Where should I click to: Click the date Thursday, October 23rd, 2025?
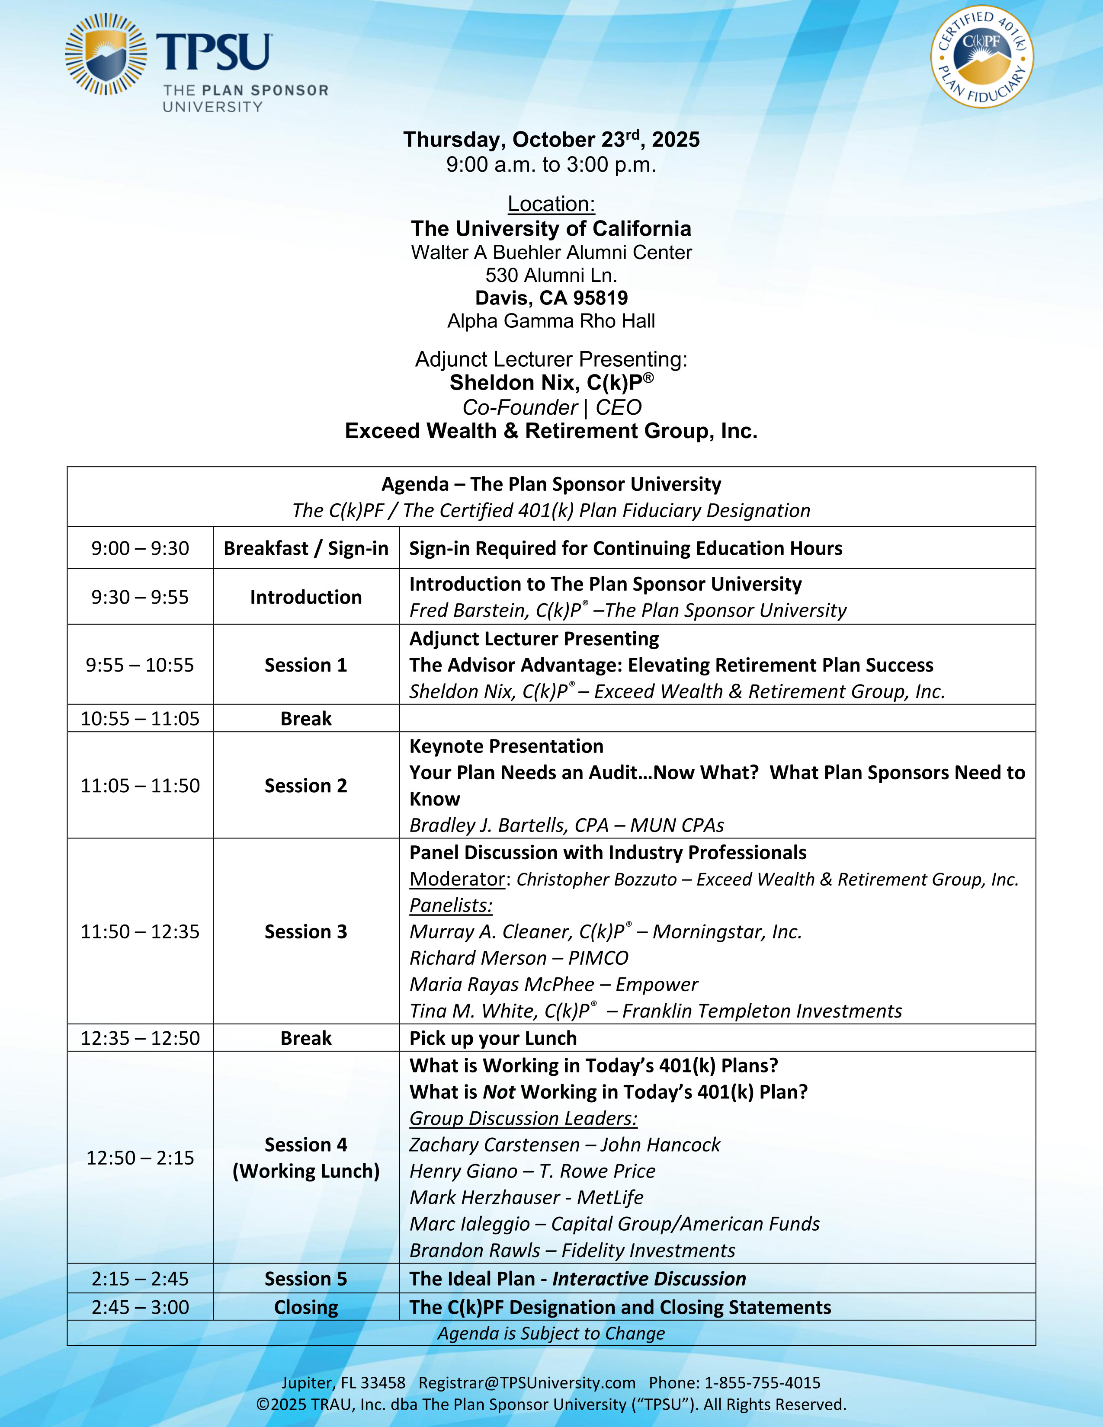551,140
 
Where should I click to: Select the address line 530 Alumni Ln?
551,275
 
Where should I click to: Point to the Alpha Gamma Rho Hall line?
551,321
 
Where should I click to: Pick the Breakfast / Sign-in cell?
306,548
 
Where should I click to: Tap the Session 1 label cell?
306,665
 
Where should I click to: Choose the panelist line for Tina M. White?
655,1011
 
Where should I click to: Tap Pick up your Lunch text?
493,1038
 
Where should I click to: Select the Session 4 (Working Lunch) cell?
306,1158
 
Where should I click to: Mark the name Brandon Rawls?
475,1251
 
